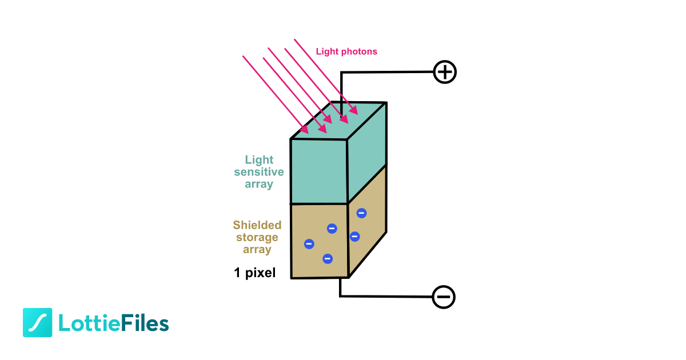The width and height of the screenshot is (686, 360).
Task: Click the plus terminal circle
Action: [x=445, y=72]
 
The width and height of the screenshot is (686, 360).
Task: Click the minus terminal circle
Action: [x=444, y=297]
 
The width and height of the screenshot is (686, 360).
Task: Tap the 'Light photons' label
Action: [x=346, y=51]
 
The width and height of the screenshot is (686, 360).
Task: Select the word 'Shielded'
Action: [x=257, y=225]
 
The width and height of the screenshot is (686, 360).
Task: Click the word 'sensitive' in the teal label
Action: [x=259, y=172]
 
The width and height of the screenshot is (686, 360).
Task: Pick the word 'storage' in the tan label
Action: [x=257, y=237]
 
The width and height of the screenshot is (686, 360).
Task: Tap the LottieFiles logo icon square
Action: [x=37, y=323]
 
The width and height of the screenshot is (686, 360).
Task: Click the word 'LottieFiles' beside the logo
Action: [x=114, y=323]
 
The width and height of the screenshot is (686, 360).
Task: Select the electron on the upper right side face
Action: [x=361, y=213]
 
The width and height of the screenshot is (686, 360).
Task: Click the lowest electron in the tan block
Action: [x=328, y=258]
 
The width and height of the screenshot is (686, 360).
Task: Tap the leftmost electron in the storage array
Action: [x=309, y=244]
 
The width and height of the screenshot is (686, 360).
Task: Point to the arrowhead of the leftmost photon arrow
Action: [x=304, y=130]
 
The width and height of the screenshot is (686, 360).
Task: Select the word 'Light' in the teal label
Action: [x=259, y=160]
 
